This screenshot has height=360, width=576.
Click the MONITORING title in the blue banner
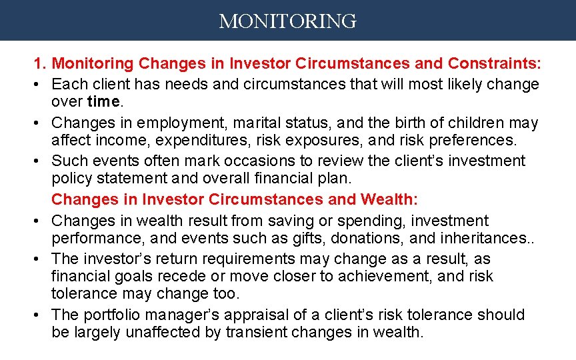287,21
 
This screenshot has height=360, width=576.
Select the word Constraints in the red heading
495,64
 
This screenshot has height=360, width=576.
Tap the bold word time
103,101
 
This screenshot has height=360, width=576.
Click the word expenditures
180,139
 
